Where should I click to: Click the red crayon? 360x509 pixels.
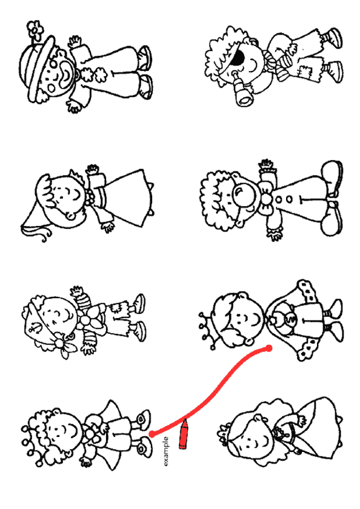pyautogui.click(x=184, y=434)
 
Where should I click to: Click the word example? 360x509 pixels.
pyautogui.click(x=165, y=451)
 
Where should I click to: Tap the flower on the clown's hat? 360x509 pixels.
pyautogui.click(x=35, y=30)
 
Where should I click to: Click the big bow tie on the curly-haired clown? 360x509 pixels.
pyautogui.click(x=265, y=198)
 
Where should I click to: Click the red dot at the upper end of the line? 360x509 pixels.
pyautogui.click(x=268, y=348)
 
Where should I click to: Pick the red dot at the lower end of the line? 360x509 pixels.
pyautogui.click(x=152, y=433)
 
